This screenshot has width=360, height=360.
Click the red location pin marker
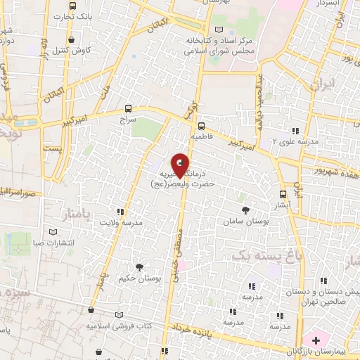[x=180, y=165]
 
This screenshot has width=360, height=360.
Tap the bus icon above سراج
[x=127, y=108]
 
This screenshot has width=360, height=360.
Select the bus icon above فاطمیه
[x=201, y=119]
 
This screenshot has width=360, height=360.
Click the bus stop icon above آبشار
[x=283, y=194]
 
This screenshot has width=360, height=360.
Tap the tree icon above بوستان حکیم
[x=139, y=266]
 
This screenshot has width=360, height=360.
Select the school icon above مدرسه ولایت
[x=121, y=211]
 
